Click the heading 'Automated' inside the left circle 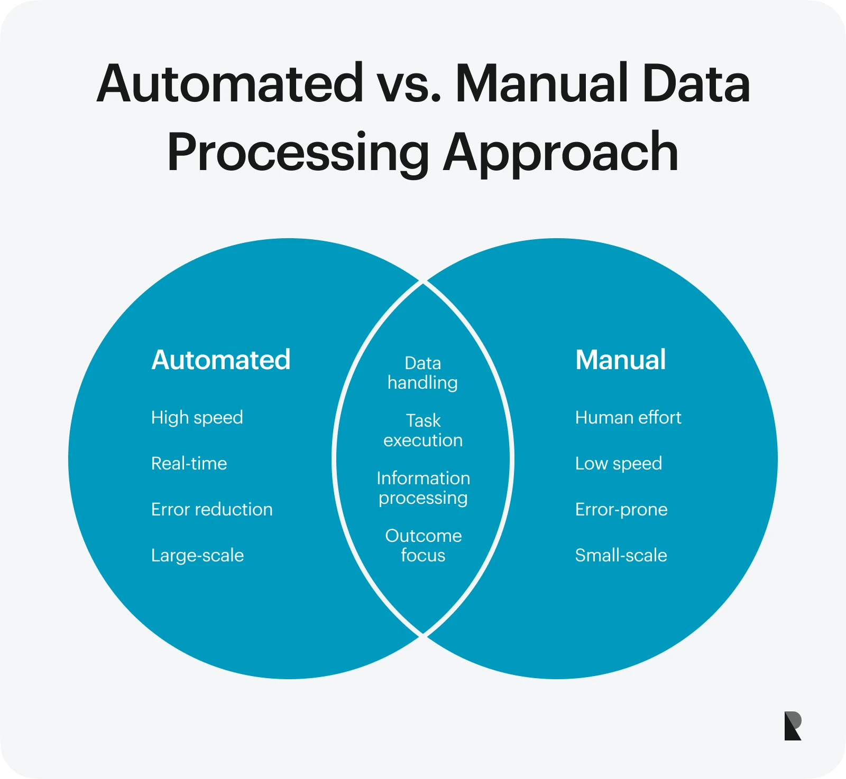pos(220,360)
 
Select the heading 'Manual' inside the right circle pos(620,360)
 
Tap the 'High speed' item pos(197,418)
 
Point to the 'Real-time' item pos(189,464)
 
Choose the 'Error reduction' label pos(212,510)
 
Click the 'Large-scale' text pos(197,556)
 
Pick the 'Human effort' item pos(628,418)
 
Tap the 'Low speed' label pos(618,464)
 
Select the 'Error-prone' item pos(621,510)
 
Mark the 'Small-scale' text pos(621,556)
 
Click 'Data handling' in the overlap pos(422,373)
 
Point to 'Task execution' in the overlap pos(422,430)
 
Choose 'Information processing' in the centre pos(423,488)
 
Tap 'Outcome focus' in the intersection pos(423,546)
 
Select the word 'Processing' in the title pos(298,153)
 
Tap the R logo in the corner pos(793,726)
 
